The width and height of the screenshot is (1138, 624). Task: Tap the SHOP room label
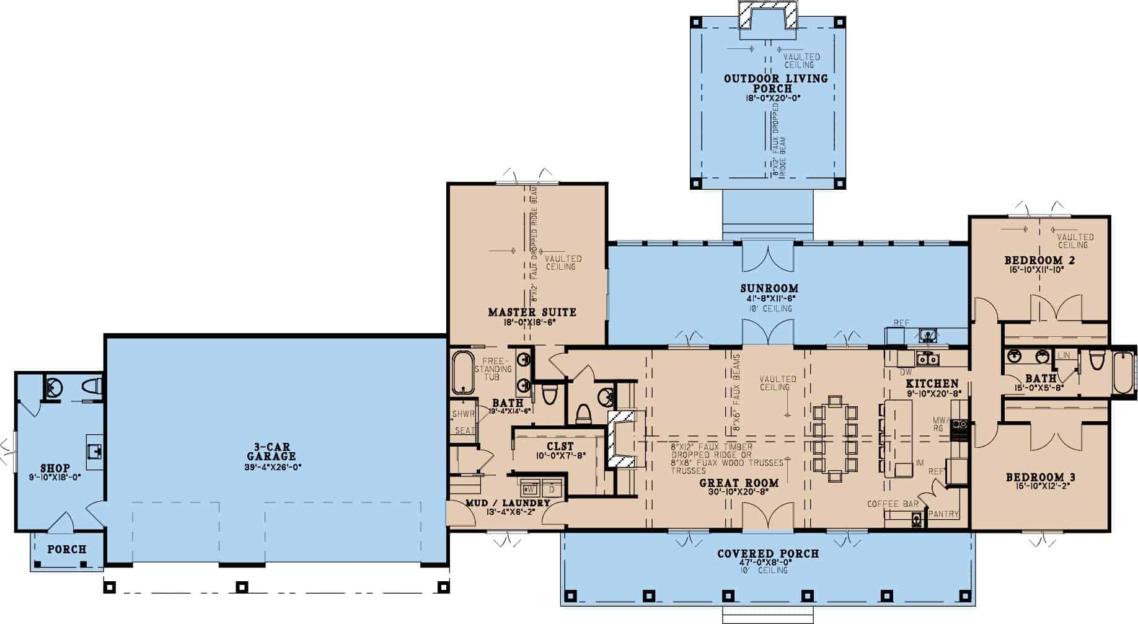(x=55, y=468)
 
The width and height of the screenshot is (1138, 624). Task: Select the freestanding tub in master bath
(x=462, y=373)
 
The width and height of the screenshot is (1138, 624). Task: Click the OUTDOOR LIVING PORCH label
(x=775, y=83)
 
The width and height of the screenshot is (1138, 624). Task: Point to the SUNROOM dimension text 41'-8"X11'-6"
(x=769, y=298)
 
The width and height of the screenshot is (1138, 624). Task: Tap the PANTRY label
(x=944, y=514)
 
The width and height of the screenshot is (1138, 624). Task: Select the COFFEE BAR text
(x=893, y=504)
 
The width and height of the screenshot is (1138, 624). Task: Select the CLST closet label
(x=560, y=446)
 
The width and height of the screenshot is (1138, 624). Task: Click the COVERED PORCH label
(x=768, y=553)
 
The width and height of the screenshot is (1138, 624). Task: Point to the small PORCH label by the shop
(x=67, y=550)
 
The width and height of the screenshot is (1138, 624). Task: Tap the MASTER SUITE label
(x=532, y=312)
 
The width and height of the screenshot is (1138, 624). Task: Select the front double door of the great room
(x=768, y=518)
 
